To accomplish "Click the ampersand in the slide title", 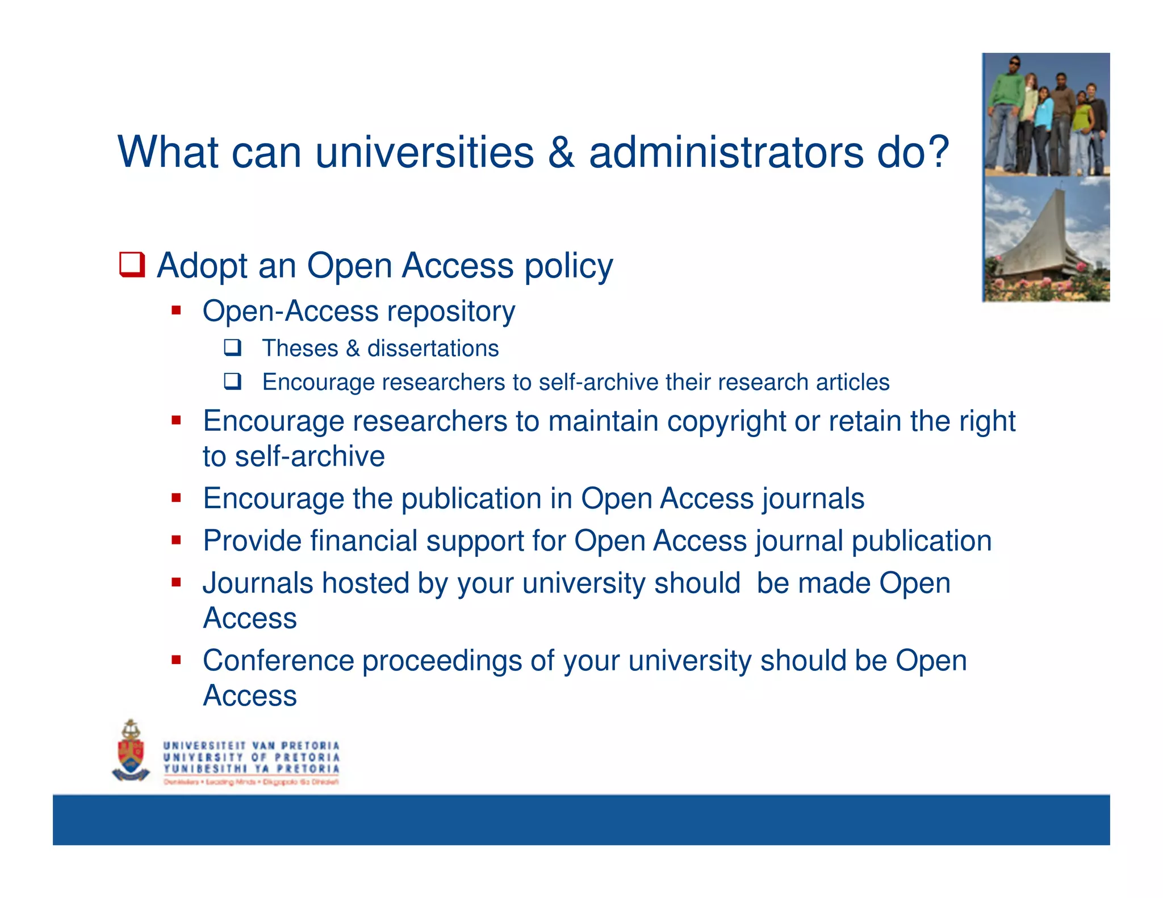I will coord(561,152).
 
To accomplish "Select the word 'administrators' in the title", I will coord(726,152).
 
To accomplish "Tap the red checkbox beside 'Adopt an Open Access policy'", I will coord(132,265).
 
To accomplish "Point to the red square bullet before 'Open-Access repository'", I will coord(176,310).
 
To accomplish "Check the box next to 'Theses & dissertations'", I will coord(233,347).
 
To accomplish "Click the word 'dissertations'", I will coord(433,349).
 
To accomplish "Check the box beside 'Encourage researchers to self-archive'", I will coord(233,381).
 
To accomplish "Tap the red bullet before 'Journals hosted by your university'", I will coord(176,582).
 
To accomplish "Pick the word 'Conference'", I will coord(277,661).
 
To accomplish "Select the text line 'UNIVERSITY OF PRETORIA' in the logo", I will coord(251,757).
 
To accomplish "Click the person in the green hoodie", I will coord(1006,114).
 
